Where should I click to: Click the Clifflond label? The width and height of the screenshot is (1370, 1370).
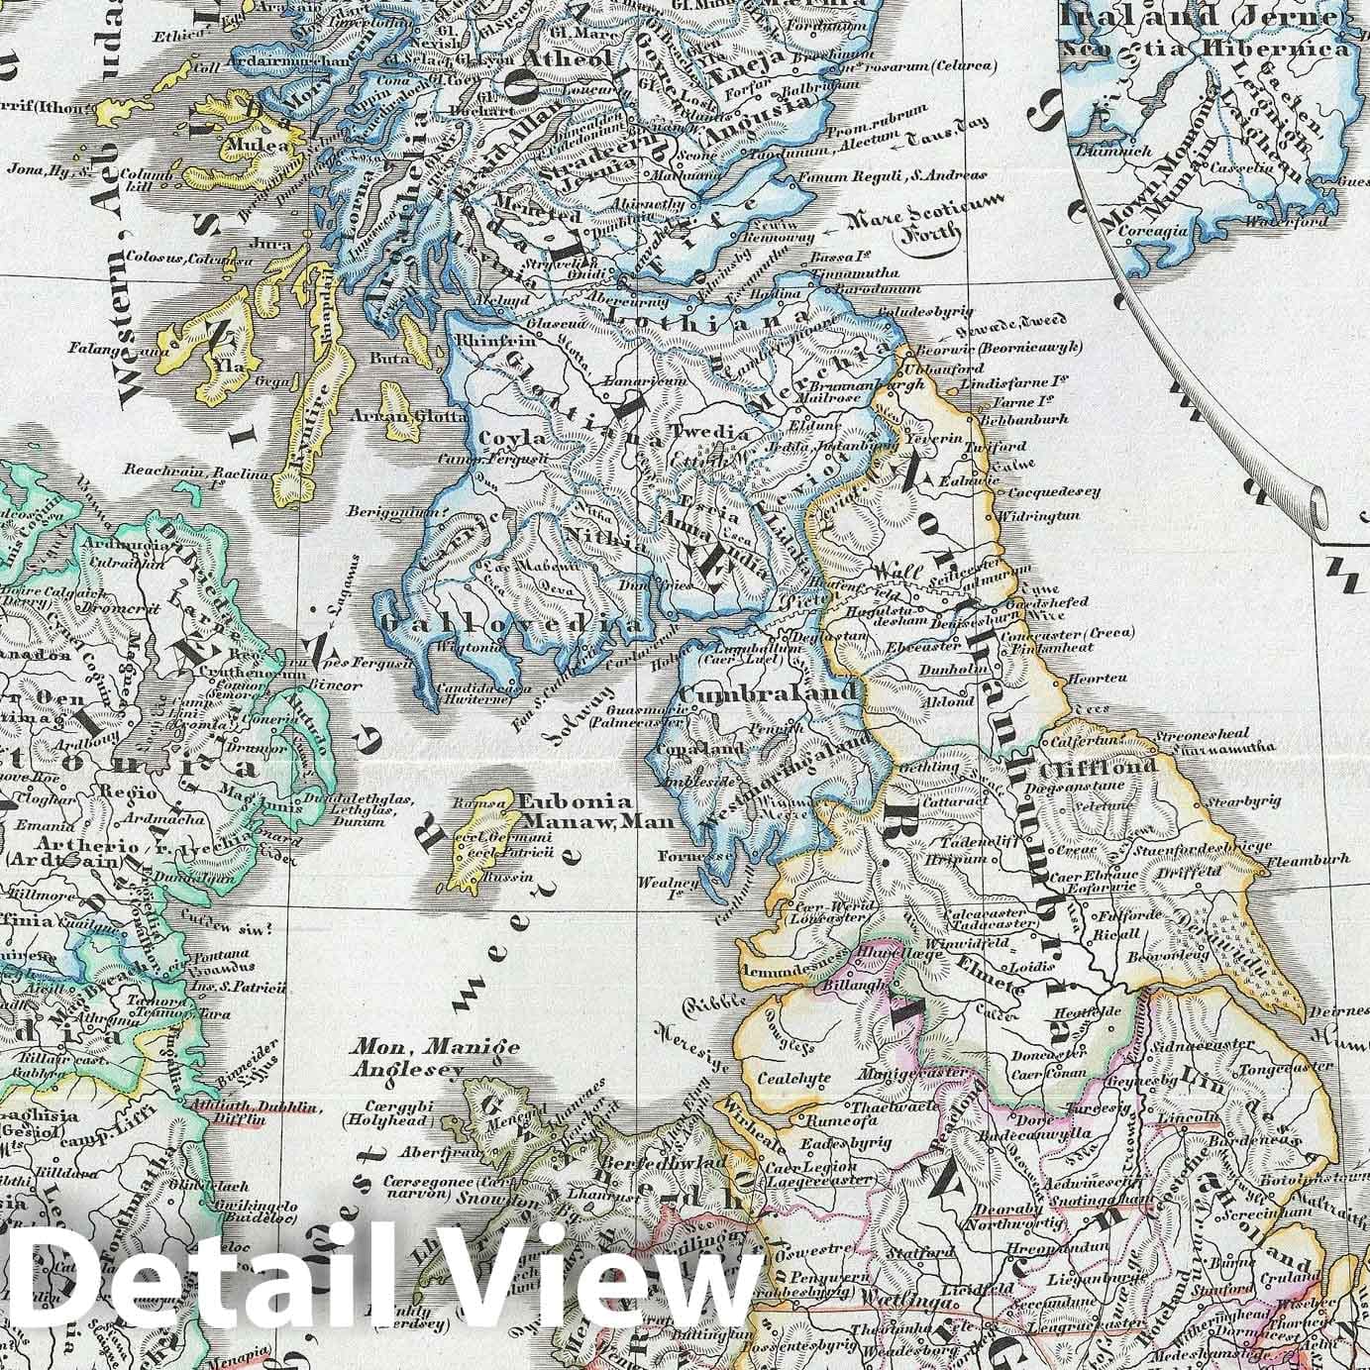tap(1083, 767)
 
